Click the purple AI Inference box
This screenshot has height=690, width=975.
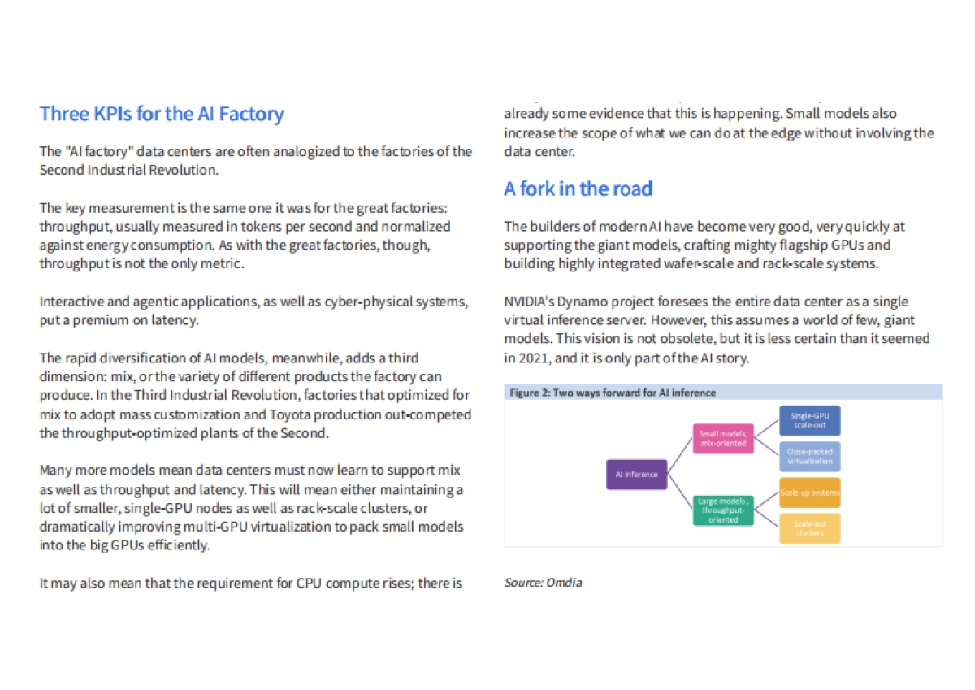[636, 475]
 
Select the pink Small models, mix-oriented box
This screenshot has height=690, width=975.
[722, 439]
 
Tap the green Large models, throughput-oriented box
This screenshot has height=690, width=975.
[722, 510]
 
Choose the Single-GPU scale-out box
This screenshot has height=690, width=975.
[809, 421]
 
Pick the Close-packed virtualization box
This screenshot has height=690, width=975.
[809, 457]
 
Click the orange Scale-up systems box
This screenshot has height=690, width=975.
[809, 493]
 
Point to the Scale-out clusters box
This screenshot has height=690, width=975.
[809, 528]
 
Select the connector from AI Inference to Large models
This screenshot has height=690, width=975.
[679, 493]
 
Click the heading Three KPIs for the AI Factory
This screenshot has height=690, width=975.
[162, 113]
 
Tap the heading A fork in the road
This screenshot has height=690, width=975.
[578, 189]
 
